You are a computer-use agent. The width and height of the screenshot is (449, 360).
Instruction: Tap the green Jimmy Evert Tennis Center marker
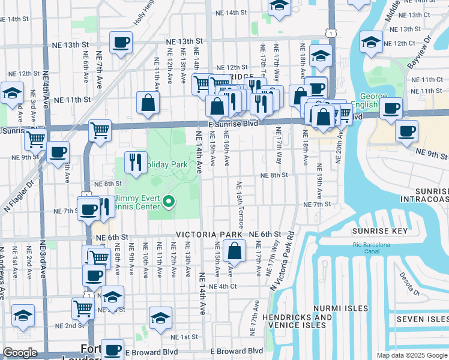[169, 202]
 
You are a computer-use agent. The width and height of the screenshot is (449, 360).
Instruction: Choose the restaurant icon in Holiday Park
[135, 161]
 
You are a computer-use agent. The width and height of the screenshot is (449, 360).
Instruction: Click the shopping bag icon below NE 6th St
[235, 250]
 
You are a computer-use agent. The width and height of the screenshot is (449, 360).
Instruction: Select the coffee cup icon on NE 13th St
[121, 43]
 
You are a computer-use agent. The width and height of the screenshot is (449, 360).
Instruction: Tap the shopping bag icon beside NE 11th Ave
[148, 103]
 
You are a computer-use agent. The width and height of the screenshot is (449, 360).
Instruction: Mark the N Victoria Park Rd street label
[281, 260]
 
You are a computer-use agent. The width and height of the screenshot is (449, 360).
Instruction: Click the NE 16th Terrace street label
[240, 205]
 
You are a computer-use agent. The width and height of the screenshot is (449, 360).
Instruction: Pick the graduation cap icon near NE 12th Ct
[371, 42]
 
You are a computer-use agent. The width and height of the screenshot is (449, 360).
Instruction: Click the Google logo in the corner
[20, 353]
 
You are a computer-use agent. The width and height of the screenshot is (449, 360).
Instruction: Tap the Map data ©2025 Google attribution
[411, 355]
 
